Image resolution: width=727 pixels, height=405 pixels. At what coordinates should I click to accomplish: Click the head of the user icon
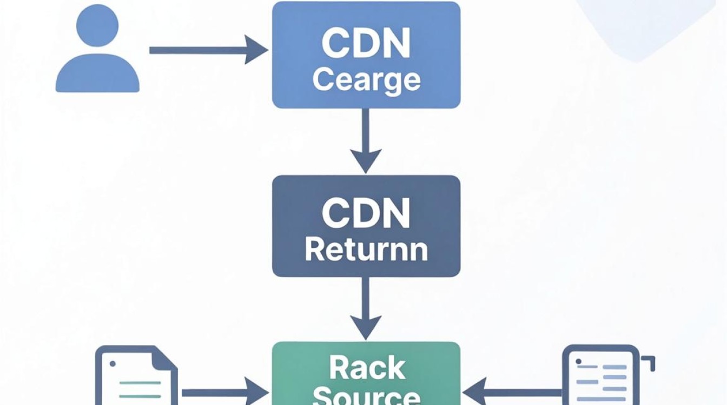(x=97, y=25)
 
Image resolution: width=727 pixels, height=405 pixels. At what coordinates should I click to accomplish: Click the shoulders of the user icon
(x=97, y=73)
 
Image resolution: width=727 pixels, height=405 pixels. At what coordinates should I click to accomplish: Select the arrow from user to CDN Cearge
(x=209, y=50)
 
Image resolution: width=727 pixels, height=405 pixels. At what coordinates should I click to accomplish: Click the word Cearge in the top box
(x=366, y=80)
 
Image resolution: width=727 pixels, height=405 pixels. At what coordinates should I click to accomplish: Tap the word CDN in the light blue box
(x=366, y=43)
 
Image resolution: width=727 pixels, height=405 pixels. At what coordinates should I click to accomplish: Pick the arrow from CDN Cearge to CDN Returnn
(x=366, y=141)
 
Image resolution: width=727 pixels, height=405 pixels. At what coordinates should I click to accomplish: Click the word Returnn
(x=366, y=249)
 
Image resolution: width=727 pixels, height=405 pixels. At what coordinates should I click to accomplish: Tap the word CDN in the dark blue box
(x=366, y=213)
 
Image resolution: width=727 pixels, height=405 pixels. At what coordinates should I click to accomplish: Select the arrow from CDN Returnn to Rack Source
(x=366, y=308)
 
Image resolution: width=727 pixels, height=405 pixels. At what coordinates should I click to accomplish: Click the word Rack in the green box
(x=367, y=368)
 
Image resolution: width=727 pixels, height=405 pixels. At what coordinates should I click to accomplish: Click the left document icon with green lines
(x=136, y=375)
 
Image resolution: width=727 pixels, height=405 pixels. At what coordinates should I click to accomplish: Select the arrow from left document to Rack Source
(x=225, y=393)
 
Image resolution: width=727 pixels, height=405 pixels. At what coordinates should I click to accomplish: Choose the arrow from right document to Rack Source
(x=512, y=393)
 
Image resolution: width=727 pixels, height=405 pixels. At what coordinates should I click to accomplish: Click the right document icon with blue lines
(x=601, y=375)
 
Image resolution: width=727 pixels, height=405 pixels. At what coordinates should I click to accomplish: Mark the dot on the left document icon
(x=113, y=363)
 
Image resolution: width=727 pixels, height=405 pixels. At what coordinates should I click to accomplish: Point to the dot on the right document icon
(x=578, y=361)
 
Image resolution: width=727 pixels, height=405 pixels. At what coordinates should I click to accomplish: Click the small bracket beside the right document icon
(x=649, y=362)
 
